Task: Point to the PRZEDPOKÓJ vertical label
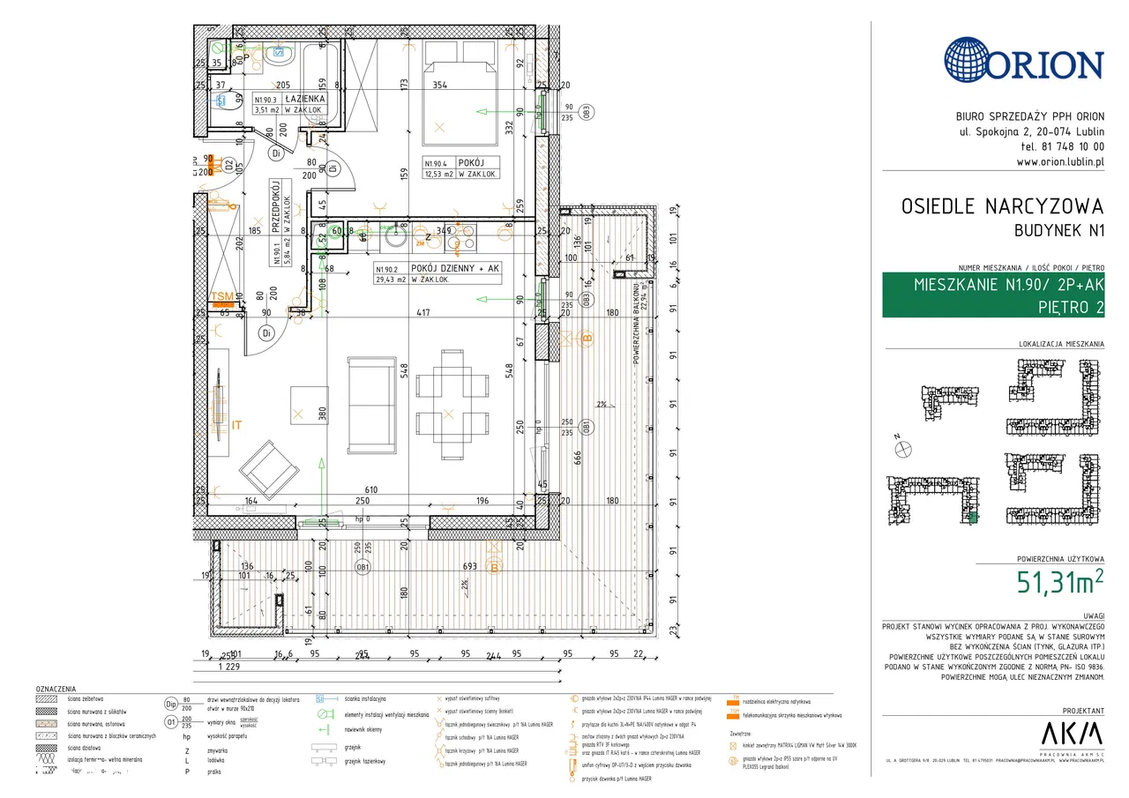point(276,202)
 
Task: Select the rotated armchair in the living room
point(269,469)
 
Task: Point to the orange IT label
point(236,426)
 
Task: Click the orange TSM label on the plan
point(223,297)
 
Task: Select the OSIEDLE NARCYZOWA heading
point(1002,206)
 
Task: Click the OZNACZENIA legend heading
point(56,689)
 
